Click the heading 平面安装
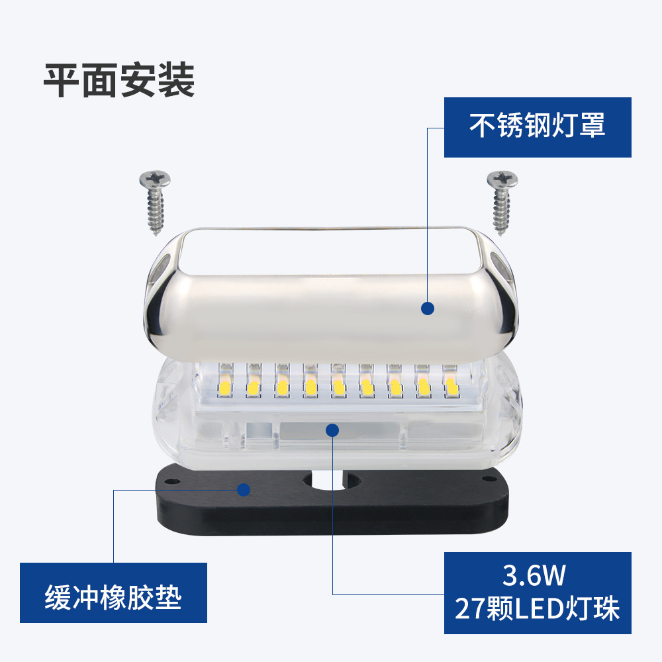[x=119, y=81]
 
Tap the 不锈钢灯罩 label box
[x=537, y=127]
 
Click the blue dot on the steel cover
[x=428, y=307]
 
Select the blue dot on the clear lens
[x=332, y=430]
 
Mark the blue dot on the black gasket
[x=244, y=490]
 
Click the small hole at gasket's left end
[x=172, y=480]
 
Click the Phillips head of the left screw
[x=154, y=179]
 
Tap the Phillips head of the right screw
[x=502, y=179]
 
